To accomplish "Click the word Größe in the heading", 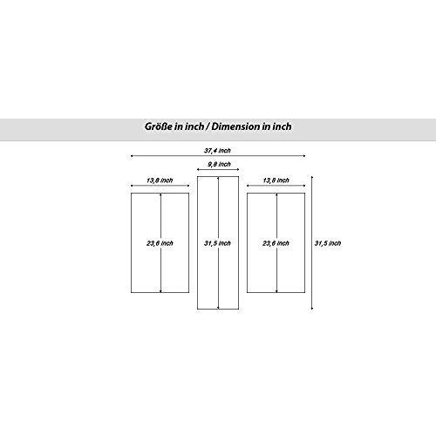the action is tap(159, 126).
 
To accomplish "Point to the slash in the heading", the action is tap(208, 126).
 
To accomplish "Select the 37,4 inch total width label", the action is tap(217, 151).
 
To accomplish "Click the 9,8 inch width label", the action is tap(219, 164).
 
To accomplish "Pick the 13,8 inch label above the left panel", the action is tap(160, 181).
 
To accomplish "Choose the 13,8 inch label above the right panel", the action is tap(276, 181).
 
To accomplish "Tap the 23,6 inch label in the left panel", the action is tap(160, 243).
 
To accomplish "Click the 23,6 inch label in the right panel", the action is tap(276, 243).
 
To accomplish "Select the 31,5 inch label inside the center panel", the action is tap(217, 243).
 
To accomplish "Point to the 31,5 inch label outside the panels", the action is tap(328, 243).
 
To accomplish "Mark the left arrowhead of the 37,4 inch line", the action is tap(132, 156).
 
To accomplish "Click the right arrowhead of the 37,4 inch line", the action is tap(304, 156).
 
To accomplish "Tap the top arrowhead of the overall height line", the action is tap(312, 177).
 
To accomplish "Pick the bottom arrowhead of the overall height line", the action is tap(312, 308).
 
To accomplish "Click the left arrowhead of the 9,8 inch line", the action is tap(198, 169).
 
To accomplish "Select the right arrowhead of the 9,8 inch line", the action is tap(238, 169).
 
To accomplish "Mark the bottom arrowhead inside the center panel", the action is tap(218, 308).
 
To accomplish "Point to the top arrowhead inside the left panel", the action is tap(160, 194).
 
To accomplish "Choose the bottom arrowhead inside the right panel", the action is tap(276, 291).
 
